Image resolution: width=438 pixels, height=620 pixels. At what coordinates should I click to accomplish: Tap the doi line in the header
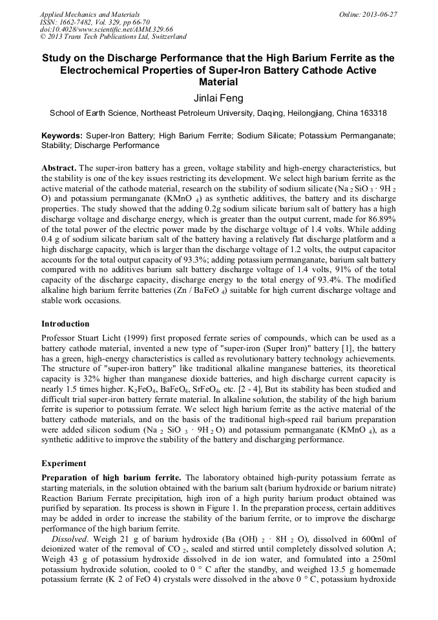[107, 30]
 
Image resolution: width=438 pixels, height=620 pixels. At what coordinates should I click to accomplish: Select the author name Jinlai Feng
[218, 98]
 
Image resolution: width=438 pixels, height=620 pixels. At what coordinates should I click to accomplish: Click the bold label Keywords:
[62, 136]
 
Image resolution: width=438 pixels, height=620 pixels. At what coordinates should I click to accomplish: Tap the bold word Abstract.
[59, 167]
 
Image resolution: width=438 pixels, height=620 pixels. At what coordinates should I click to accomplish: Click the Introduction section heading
[65, 323]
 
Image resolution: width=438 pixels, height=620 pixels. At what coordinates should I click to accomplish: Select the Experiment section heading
[63, 463]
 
